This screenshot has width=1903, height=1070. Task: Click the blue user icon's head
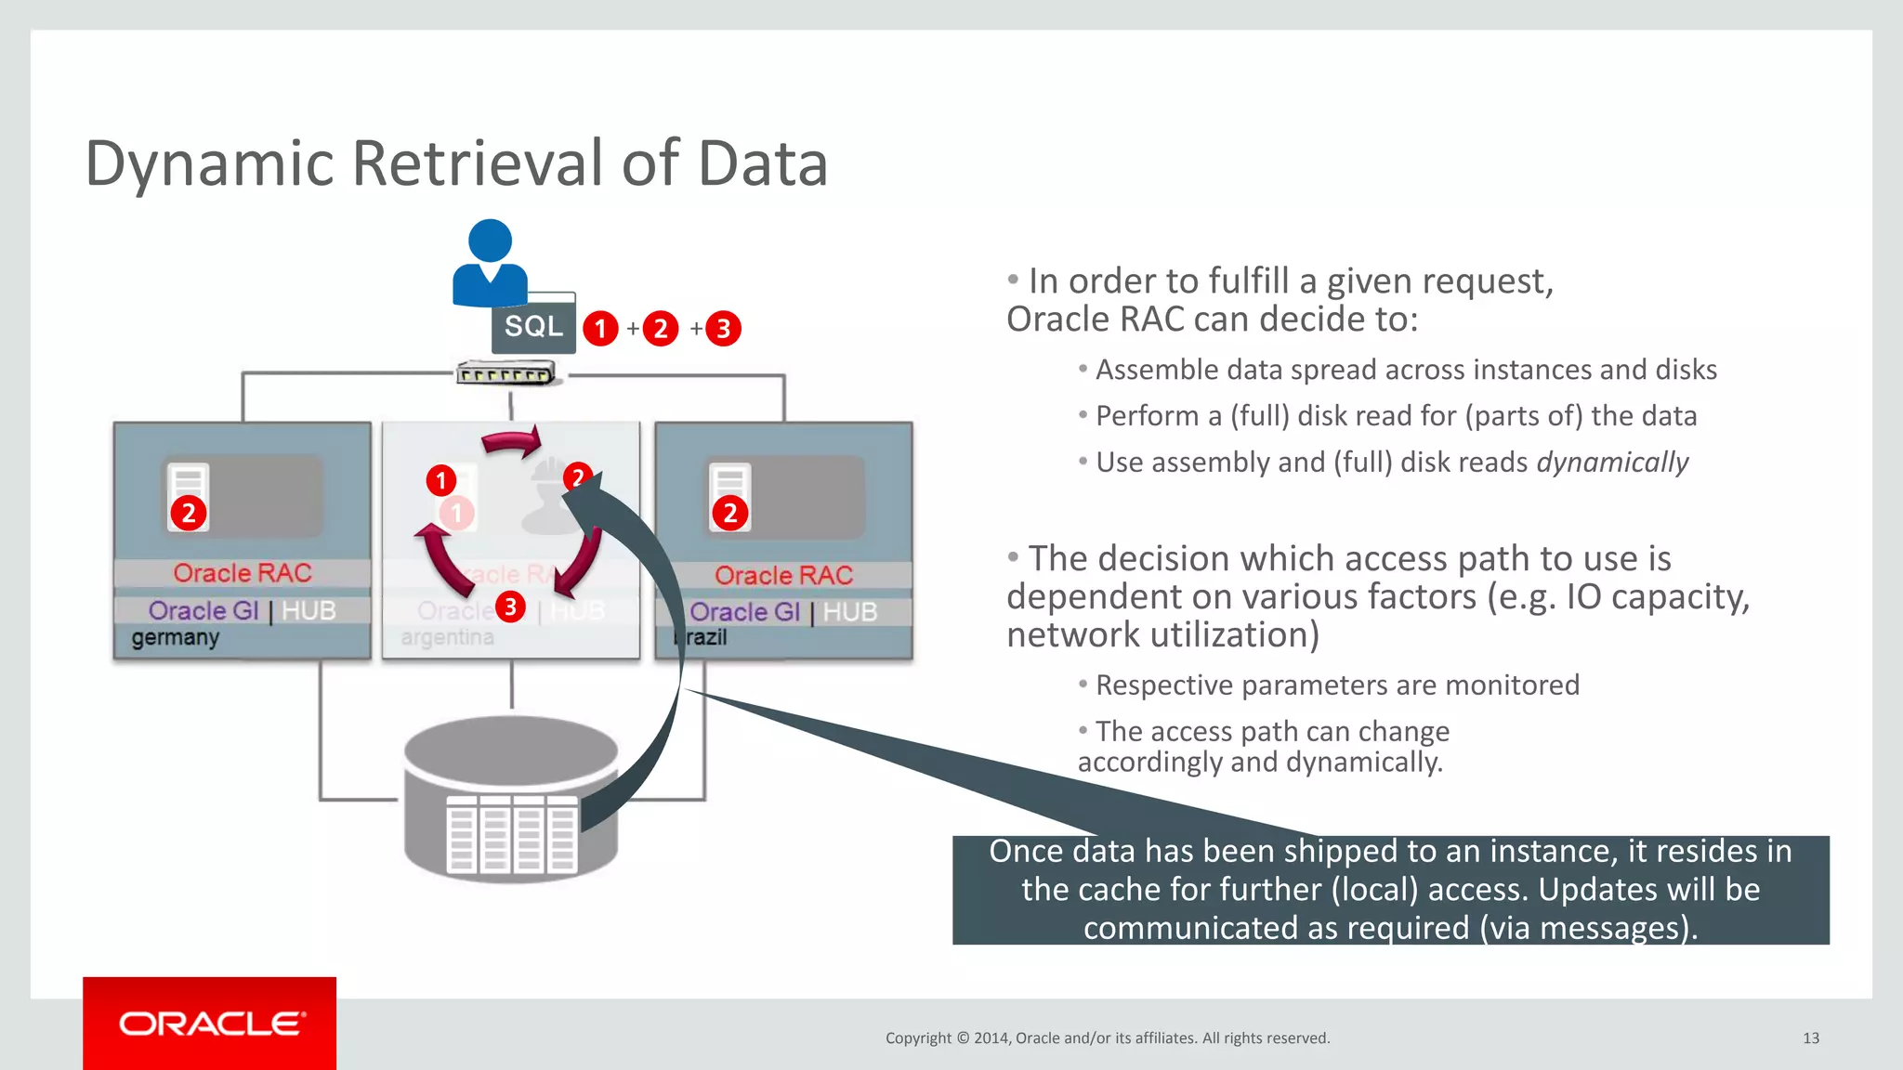490,241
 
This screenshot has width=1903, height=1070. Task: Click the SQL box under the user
533,327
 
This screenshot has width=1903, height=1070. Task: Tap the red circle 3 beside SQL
723,329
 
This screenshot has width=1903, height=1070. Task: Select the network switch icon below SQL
505,374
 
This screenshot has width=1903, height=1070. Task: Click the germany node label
175,637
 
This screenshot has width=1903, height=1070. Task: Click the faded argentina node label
447,637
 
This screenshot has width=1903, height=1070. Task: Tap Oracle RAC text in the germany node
243,573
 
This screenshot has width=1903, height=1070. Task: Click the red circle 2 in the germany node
189,513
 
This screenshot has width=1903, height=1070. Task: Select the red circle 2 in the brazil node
729,513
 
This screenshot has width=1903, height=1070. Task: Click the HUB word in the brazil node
850,612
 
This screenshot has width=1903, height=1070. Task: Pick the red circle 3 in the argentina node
510,607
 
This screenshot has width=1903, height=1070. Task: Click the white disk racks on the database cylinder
511,833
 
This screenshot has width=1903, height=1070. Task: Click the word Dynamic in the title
209,164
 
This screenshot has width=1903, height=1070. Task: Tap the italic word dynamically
1612,463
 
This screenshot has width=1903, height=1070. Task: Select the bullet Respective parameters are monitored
1336,685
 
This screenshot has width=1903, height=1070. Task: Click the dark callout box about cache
1390,890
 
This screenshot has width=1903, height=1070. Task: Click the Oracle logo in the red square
211,1024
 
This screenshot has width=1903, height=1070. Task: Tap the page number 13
1810,1038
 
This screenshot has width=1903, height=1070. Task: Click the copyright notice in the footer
1108,1038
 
